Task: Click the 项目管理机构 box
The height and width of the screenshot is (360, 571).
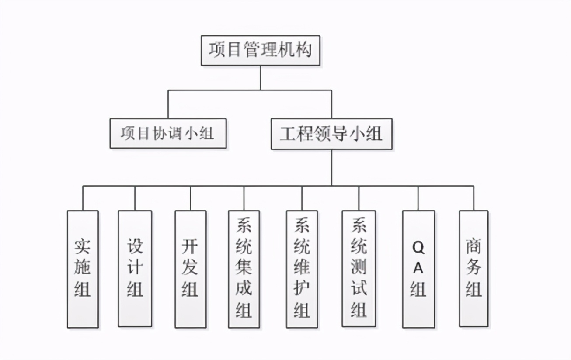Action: click(261, 50)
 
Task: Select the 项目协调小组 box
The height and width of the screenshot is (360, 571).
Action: click(168, 133)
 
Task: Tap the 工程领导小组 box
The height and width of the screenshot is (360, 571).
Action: click(331, 133)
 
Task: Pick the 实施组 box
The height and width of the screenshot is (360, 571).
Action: click(83, 269)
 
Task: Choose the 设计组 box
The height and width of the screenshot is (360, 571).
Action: click(135, 269)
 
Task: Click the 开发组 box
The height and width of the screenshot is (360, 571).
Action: click(190, 269)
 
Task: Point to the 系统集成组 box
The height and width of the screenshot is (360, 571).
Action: click(244, 269)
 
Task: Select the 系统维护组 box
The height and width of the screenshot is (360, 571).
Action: click(302, 269)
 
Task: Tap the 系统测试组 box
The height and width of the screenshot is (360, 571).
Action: click(359, 269)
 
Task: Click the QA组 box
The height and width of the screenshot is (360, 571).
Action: click(418, 269)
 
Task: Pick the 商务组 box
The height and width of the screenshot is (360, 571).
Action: click(474, 269)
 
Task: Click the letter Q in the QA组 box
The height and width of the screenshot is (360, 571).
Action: click(418, 248)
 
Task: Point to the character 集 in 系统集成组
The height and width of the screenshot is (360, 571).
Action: click(244, 269)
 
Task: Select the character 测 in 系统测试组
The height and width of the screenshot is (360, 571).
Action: click(359, 268)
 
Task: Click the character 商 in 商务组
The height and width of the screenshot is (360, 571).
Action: click(474, 248)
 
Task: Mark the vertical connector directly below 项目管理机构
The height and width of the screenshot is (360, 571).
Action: click(261, 78)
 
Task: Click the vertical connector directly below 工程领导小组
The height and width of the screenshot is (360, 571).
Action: click(331, 167)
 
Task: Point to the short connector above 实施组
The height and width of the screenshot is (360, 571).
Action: click(83, 198)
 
